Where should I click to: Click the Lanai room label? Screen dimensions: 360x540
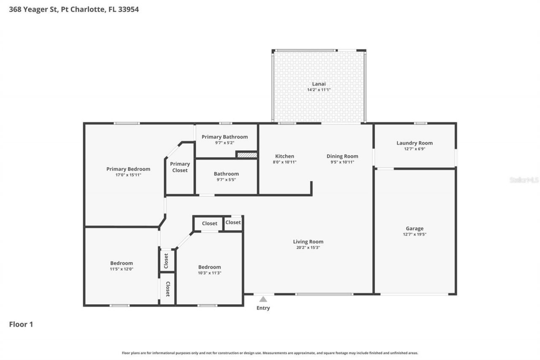point(319,84)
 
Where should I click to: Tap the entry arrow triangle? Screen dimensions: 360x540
point(263,299)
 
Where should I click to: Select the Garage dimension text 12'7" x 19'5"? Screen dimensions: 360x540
point(414,234)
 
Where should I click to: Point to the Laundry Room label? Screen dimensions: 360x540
point(414,143)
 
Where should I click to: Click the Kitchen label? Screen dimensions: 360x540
point(284,156)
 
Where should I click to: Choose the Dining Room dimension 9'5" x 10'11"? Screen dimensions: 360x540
point(342,162)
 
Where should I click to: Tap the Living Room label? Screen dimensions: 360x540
point(308,242)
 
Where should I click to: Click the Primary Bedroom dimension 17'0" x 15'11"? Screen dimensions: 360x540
point(128,175)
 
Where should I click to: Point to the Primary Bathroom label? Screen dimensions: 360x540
point(224,137)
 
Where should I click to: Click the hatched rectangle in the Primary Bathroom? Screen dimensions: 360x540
point(247,155)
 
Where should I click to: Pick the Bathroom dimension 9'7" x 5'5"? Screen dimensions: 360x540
point(226,180)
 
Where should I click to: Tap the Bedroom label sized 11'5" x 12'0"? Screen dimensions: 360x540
point(121,263)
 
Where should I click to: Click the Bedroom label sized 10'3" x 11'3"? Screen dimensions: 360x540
point(209,267)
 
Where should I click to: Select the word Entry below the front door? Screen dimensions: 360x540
point(263,308)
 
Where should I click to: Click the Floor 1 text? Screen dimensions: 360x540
point(21,324)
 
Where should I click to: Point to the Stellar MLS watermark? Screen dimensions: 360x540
point(524,180)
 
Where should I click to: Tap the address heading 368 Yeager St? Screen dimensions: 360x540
point(74,9)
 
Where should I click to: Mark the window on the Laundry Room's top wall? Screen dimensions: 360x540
point(420,123)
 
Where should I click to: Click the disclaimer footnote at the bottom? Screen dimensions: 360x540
point(270,353)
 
